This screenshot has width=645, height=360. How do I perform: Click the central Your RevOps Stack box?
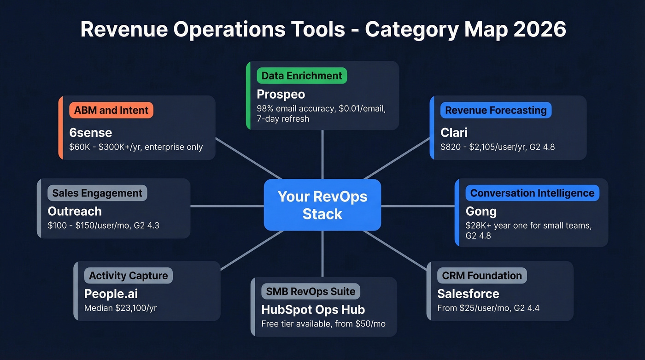click(322, 205)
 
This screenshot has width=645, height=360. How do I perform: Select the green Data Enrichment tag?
click(302, 76)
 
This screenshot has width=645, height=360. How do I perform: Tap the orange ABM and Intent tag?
click(111, 110)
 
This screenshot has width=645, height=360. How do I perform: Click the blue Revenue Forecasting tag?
click(496, 110)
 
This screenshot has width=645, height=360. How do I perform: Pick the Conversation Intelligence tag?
click(532, 193)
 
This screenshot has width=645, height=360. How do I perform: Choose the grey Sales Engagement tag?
click(97, 193)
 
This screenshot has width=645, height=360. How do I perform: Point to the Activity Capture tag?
click(128, 276)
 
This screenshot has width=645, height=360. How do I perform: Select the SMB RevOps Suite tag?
click(311, 291)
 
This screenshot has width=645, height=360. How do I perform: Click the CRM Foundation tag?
click(481, 276)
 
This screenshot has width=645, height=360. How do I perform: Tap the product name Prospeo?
click(281, 94)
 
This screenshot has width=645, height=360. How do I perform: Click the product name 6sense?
click(91, 133)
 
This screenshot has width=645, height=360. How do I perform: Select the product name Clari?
click(454, 133)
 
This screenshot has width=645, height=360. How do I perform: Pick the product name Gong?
click(481, 212)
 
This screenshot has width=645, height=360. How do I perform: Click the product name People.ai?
click(111, 294)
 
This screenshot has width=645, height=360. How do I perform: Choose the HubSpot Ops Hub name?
click(313, 309)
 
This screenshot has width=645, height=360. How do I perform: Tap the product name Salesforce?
click(468, 294)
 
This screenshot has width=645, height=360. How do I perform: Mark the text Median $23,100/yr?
click(120, 308)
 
